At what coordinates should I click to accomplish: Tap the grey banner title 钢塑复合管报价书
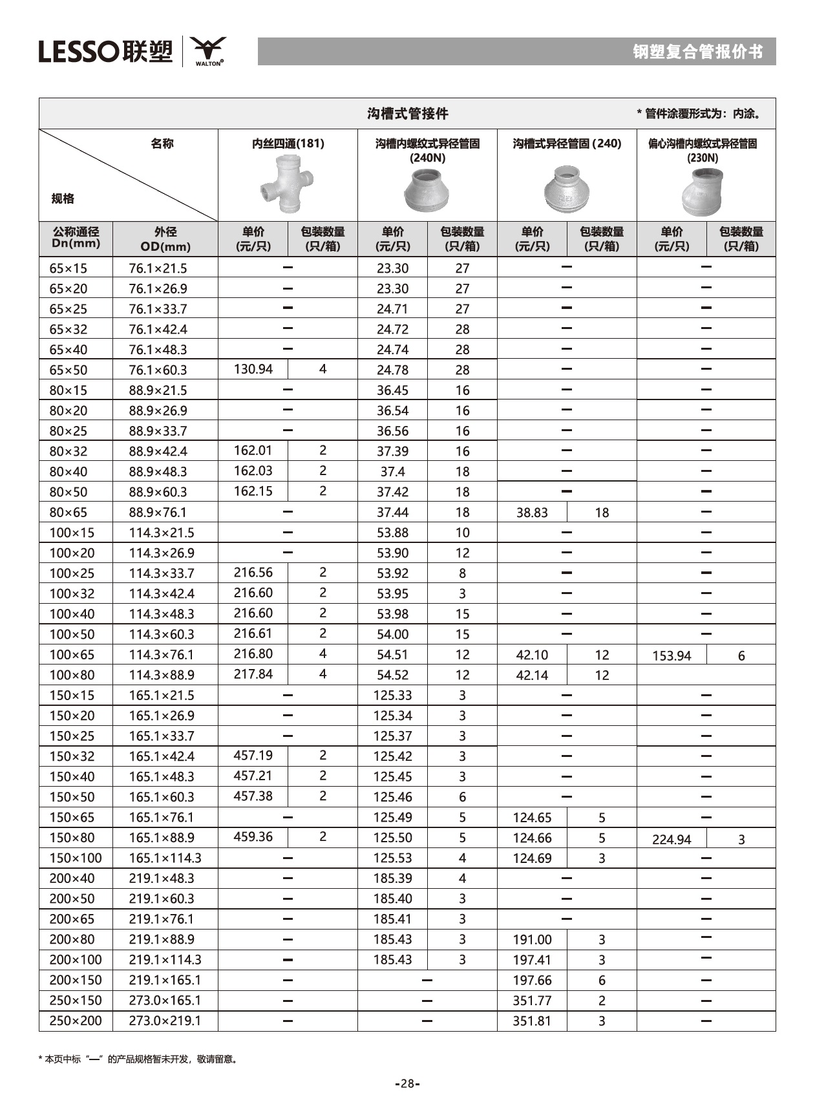697,52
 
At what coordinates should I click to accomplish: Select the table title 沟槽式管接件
407,114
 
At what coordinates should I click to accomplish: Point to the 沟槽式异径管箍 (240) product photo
566,189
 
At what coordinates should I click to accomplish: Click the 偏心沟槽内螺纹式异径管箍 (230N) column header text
703,150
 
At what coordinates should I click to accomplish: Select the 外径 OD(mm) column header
165,239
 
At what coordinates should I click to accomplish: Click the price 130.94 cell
253,369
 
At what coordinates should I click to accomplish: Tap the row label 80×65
68,513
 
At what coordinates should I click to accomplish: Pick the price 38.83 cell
532,513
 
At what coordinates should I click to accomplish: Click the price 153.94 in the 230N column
672,655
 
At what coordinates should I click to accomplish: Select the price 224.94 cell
672,839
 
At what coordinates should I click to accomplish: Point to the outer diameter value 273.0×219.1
164,1021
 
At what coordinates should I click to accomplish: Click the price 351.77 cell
532,1001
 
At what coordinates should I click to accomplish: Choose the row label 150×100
75,858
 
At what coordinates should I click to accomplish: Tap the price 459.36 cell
253,836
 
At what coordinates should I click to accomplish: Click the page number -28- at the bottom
407,1084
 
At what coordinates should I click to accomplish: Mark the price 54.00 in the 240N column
392,634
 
